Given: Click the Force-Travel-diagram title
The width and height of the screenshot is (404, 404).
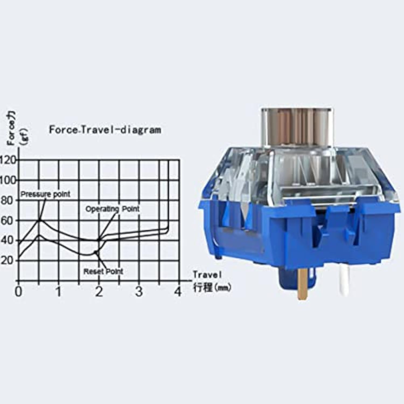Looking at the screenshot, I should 105,130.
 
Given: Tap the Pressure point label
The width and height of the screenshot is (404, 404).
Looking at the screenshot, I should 45,194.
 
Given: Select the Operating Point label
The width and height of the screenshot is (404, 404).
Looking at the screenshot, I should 113,209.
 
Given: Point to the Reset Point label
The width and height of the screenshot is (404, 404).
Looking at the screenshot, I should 103,271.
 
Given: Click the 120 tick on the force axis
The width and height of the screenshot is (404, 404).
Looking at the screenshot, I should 8,160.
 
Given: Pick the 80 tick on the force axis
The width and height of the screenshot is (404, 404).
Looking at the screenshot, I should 6,201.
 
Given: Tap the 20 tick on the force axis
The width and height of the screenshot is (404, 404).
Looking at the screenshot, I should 6,260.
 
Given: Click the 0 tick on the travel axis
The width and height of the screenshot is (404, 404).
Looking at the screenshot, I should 18,292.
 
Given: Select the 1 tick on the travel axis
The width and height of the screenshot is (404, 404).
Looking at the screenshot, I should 58,292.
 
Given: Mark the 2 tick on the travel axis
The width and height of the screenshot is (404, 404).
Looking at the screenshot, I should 99,292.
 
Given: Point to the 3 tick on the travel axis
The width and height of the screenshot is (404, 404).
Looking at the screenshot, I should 139,292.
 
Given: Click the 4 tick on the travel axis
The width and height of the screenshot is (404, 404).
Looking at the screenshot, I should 178,292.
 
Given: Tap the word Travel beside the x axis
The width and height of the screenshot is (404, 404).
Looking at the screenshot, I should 207,275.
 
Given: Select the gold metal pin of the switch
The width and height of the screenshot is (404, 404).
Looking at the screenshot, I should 303,284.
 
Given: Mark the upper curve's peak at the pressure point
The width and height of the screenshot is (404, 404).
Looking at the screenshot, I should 40,220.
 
